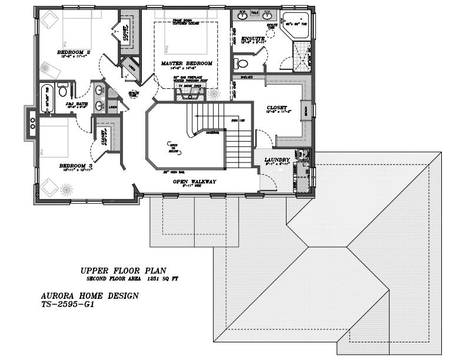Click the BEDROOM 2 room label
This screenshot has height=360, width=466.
pyautogui.click(x=73, y=52)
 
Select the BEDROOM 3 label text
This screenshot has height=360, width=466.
pyautogui.click(x=75, y=166)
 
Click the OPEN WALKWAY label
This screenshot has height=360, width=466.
pyautogui.click(x=194, y=182)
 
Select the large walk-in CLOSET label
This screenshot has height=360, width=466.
pyautogui.click(x=276, y=108)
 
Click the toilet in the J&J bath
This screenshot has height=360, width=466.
pyautogui.click(x=63, y=89)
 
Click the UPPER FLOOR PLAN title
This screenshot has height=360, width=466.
pyautogui.click(x=123, y=271)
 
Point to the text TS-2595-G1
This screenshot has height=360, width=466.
pyautogui.click(x=68, y=305)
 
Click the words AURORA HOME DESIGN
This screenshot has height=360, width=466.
pyautogui.click(x=89, y=296)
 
